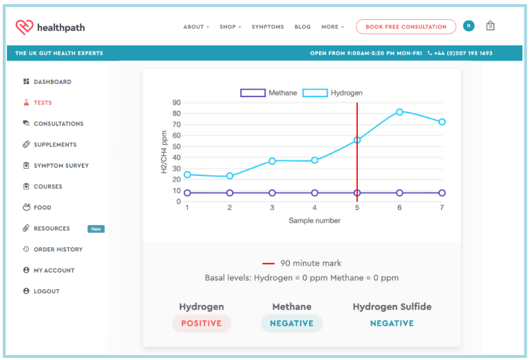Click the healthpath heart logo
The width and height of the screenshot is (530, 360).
click(x=25, y=27)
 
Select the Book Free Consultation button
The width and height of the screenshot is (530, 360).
click(x=405, y=27)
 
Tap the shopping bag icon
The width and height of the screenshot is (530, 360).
click(x=490, y=26)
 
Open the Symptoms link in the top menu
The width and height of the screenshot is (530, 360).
click(x=268, y=27)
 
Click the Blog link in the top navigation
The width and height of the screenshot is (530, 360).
click(x=302, y=27)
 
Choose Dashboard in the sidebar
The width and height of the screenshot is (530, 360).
click(x=52, y=82)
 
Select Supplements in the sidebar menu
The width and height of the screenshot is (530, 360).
click(x=54, y=145)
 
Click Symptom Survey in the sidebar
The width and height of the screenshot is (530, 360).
click(x=61, y=166)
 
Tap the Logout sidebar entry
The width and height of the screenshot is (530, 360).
click(x=46, y=291)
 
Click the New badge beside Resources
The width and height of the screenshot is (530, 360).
click(x=96, y=229)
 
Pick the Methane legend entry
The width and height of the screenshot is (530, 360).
click(x=269, y=93)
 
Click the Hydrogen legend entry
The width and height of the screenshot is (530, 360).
click(x=333, y=93)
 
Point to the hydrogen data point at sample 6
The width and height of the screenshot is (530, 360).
click(x=399, y=112)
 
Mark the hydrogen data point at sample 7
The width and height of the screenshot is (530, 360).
click(x=442, y=122)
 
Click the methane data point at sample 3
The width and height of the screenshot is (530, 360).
click(x=272, y=193)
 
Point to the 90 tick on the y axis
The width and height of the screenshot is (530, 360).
click(x=176, y=103)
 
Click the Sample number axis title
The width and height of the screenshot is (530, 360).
click(x=314, y=221)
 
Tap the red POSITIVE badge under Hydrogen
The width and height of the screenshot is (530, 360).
click(x=201, y=324)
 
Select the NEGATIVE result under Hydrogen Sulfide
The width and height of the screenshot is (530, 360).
click(x=392, y=324)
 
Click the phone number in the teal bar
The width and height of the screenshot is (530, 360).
click(x=463, y=53)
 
